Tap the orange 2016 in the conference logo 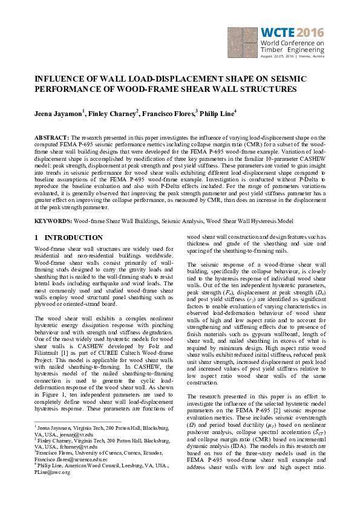point(310,32)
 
